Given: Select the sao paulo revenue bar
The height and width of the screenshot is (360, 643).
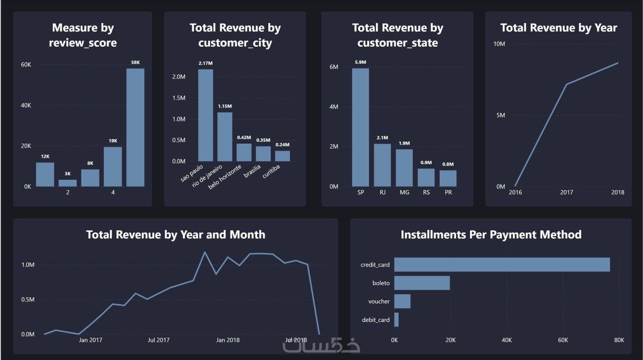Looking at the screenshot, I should [x=205, y=115].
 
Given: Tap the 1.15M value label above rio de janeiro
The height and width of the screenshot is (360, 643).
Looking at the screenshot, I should [x=225, y=106].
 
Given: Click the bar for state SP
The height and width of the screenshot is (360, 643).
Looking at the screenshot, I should [x=360, y=127].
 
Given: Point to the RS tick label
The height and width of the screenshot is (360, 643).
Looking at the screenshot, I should [x=426, y=192].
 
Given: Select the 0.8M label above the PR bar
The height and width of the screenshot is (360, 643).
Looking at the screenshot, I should [x=448, y=164].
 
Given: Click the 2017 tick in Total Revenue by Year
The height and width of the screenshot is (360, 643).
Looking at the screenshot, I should [x=567, y=192].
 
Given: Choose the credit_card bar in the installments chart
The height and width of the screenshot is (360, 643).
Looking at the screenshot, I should [x=502, y=265].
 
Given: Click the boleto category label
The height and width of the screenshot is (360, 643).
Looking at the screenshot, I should [x=381, y=283].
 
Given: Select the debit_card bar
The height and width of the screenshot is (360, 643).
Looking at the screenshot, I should [x=396, y=320].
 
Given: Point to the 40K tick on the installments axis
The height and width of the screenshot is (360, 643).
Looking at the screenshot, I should [x=506, y=340].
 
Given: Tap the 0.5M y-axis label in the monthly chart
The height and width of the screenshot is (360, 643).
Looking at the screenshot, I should [x=28, y=300].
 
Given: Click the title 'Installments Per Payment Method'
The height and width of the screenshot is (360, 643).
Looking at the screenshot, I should [x=491, y=234].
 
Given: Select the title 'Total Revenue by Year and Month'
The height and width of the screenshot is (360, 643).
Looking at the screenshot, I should [x=175, y=234].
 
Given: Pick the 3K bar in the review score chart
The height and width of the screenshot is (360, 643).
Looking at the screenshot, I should [x=68, y=183].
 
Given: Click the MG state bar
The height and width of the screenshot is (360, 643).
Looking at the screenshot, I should [x=404, y=168].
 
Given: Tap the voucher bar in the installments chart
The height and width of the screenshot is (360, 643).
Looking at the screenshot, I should [x=402, y=301].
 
